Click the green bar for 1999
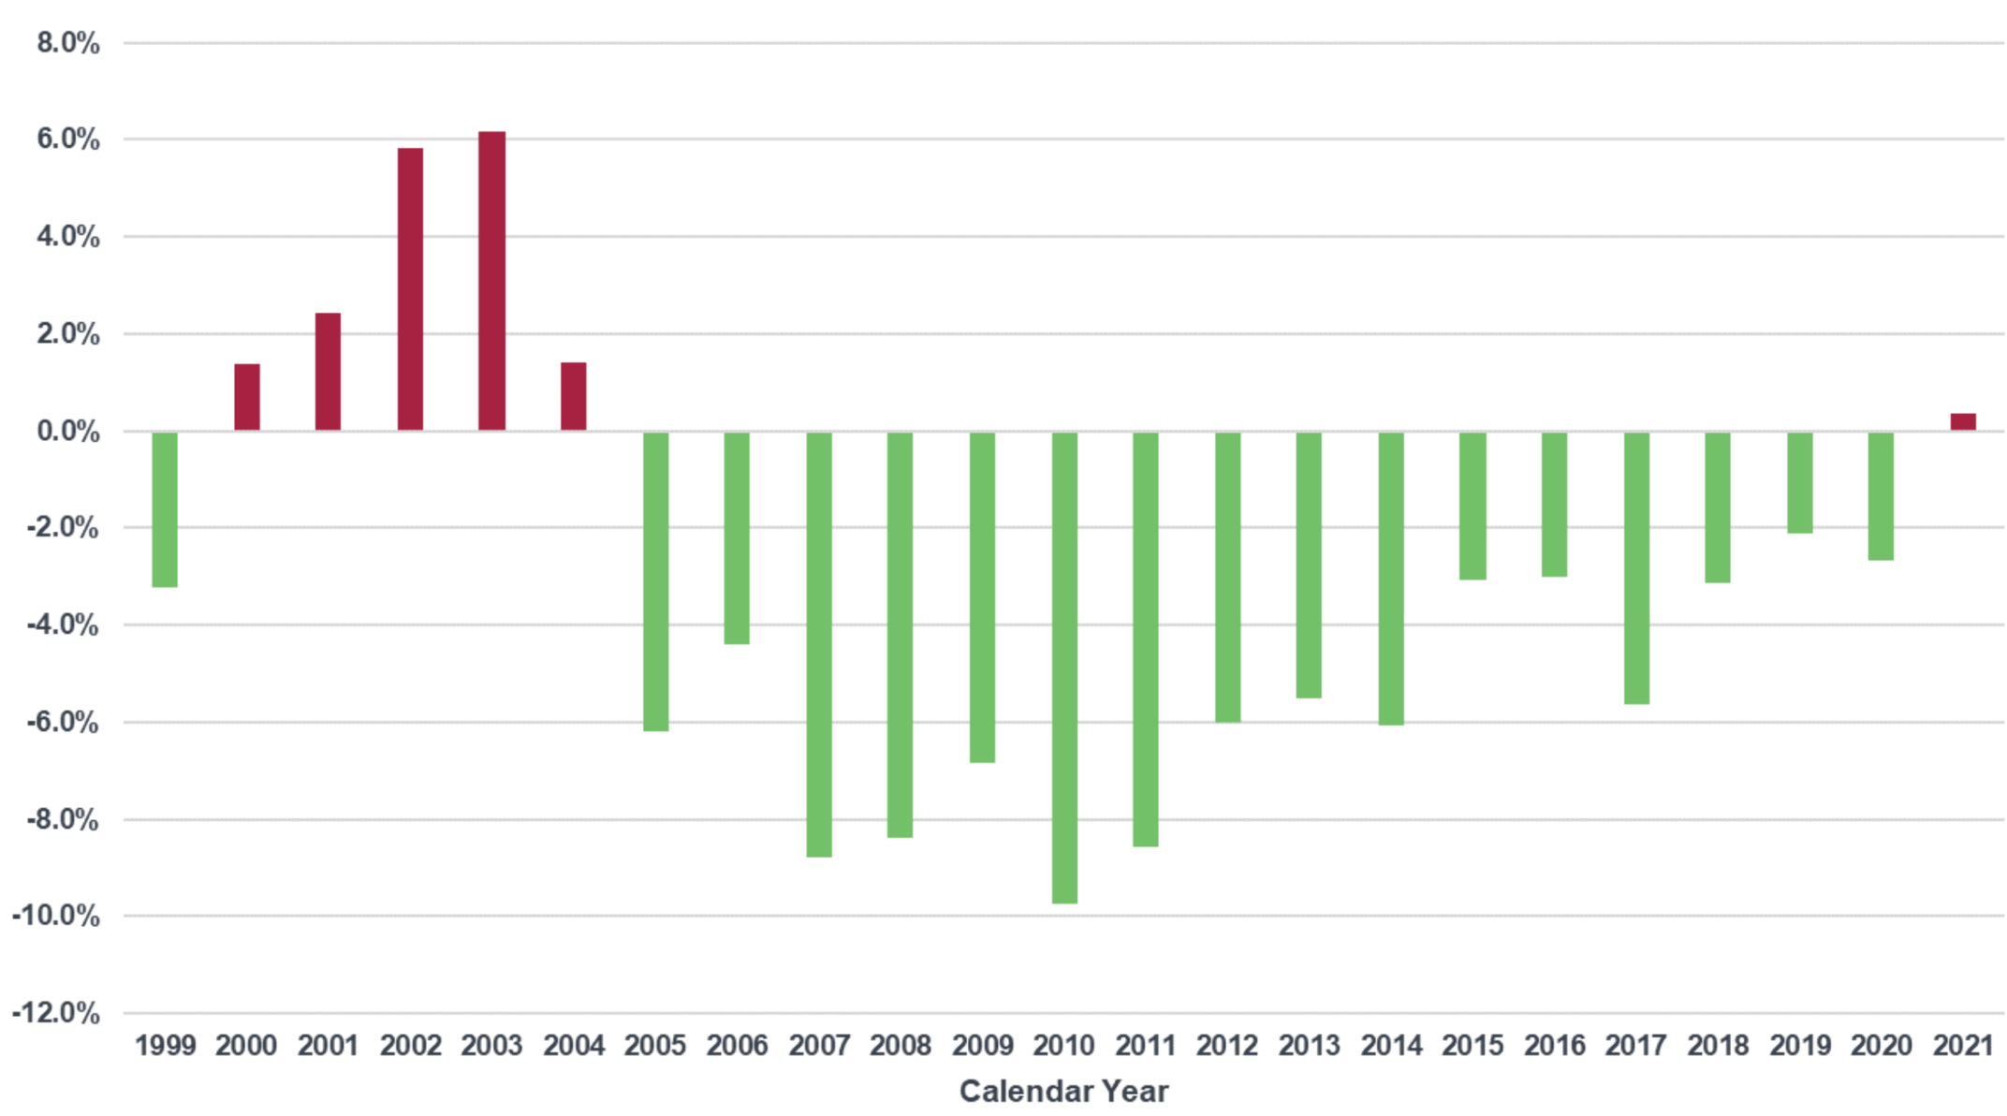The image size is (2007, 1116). (165, 509)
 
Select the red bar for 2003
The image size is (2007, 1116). (491, 281)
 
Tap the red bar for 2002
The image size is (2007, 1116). (410, 289)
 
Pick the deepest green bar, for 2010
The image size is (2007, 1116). (1064, 667)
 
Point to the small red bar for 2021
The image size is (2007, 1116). (1963, 422)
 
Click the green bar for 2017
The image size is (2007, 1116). (1636, 567)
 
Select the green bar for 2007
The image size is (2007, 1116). (819, 644)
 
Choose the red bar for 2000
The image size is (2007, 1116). (247, 397)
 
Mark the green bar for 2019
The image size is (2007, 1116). (1799, 482)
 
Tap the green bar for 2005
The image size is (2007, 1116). (655, 580)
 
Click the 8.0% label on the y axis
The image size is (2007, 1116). (68, 43)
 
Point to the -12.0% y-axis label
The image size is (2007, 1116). (56, 1013)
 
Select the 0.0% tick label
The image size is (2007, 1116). (68, 432)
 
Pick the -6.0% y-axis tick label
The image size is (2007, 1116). (62, 722)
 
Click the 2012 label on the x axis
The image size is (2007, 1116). (1227, 1046)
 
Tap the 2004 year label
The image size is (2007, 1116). (574, 1046)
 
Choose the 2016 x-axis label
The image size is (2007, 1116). (1554, 1046)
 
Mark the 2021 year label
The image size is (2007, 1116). (1963, 1046)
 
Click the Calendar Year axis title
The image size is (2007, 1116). (1063, 1092)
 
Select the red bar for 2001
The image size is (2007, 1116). (328, 372)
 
